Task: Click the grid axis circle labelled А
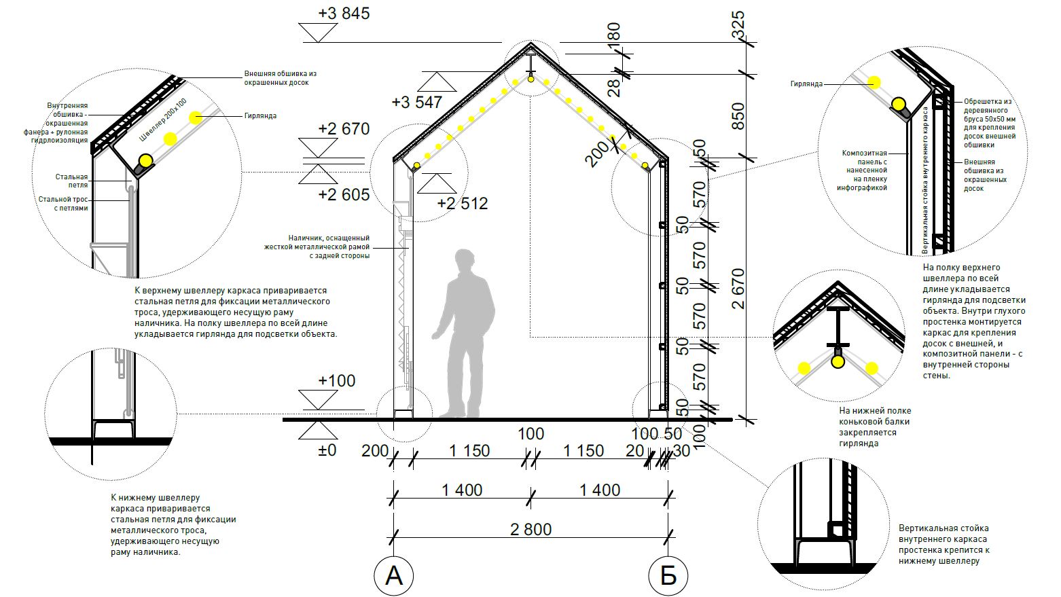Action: pos(393,576)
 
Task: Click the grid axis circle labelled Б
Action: pos(668,576)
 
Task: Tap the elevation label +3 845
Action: pos(344,14)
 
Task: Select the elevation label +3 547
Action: pos(417,103)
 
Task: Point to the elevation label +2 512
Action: pos(463,204)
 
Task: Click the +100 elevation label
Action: pos(336,380)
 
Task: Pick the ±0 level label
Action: pos(327,450)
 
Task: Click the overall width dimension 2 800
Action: pos(531,529)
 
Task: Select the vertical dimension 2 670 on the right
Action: pos(738,289)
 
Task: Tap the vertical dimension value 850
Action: pos(738,116)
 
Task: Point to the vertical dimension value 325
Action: pos(738,24)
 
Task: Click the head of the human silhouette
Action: pos(465,261)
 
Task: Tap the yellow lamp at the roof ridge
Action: pos(531,79)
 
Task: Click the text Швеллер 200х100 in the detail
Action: pos(163,120)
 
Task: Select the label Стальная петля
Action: pos(71,181)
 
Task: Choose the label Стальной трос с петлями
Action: pos(63,204)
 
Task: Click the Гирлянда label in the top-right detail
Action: pos(806,84)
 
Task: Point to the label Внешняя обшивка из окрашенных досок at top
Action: pos(281,78)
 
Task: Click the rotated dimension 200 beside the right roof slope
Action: pos(597,153)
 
